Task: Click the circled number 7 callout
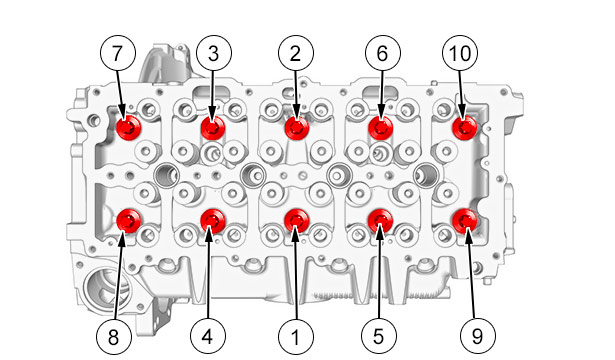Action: coord(118,53)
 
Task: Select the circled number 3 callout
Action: coord(214,53)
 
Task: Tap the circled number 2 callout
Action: coord(296,53)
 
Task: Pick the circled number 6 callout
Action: coord(383,53)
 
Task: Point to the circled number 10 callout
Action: coord(460,53)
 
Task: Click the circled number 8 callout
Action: coord(114,336)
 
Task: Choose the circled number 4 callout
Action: coord(208,336)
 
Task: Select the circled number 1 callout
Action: coord(296,336)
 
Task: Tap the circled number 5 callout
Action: coord(379,336)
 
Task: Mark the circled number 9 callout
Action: coord(478,336)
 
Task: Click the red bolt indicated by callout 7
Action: coord(129,127)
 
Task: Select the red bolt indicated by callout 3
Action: coord(213,127)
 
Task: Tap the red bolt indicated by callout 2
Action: coord(297,127)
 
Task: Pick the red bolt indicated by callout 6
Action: coord(381,127)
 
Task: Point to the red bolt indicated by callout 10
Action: coord(465,127)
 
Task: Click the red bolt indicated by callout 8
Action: coord(129,221)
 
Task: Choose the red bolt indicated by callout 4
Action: coord(213,221)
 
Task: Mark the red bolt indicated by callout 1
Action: coord(297,221)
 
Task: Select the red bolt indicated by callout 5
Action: coord(381,221)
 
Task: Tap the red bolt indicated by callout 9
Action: coord(465,221)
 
